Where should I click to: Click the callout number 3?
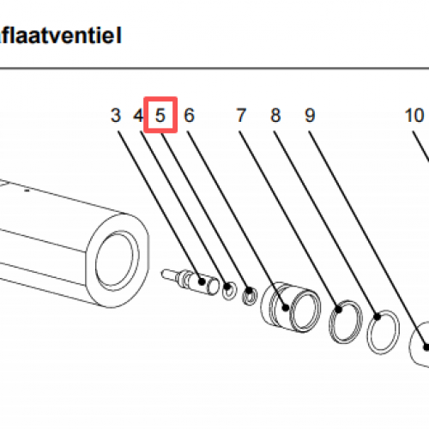116,115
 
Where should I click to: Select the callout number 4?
137,115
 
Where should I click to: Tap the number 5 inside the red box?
160,115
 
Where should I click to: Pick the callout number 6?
189,115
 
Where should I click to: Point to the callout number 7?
241,115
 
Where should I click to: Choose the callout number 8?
275,115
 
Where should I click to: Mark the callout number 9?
310,115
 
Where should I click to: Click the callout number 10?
414,115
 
